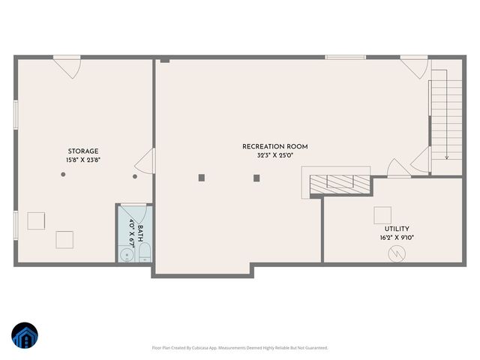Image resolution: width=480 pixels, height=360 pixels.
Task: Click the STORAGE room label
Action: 82,151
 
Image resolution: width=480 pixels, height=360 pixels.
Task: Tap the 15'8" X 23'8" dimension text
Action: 82,160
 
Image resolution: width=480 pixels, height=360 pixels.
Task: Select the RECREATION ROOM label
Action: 274,146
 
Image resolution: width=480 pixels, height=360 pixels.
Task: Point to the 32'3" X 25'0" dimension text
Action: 274,155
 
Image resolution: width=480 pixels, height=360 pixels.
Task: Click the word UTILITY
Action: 397,229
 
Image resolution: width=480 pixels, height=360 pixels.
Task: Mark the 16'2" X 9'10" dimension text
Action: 397,238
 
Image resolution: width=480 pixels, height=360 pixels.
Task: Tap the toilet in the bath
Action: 145,251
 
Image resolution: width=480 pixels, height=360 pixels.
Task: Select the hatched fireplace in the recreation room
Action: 341,182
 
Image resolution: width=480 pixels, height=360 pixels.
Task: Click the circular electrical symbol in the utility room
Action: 395,254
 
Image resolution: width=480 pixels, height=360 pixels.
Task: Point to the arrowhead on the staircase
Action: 446,157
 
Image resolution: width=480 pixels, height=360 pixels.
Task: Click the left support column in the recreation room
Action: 201,178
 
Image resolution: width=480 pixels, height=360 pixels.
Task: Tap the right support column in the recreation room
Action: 256,178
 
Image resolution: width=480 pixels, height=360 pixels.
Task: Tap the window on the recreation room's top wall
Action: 346,57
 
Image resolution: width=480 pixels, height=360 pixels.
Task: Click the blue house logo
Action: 25,337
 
